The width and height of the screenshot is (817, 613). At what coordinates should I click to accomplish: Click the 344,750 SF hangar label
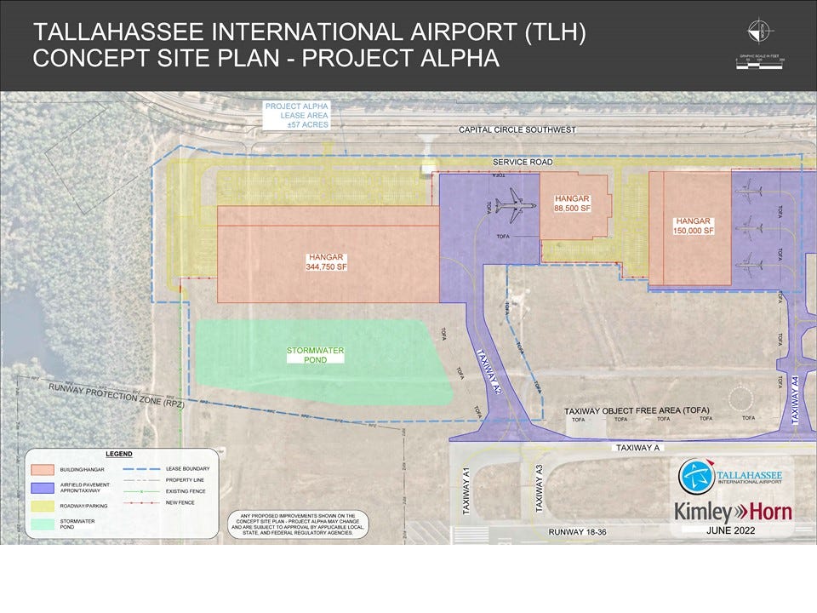coord(328,261)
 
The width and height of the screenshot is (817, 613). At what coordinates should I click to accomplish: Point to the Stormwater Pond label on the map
coord(315,354)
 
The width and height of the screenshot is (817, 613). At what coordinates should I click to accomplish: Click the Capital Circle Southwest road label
coord(517,130)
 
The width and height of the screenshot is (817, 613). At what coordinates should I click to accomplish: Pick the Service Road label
coord(523,162)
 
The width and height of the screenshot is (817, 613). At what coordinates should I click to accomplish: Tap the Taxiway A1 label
coord(466,492)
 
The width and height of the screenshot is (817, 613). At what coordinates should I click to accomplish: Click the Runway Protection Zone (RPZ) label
coord(116,396)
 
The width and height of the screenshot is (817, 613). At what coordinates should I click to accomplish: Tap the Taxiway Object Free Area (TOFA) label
coord(637,411)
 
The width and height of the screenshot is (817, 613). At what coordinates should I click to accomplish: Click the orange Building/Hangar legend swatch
coord(43,469)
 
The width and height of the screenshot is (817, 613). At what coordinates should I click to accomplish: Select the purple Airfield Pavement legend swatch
coord(43,487)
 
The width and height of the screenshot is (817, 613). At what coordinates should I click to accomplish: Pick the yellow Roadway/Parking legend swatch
coord(43,505)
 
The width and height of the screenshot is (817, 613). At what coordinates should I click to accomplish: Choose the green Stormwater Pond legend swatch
coord(43,523)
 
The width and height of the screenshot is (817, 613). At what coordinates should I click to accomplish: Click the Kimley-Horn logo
coord(733,512)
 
